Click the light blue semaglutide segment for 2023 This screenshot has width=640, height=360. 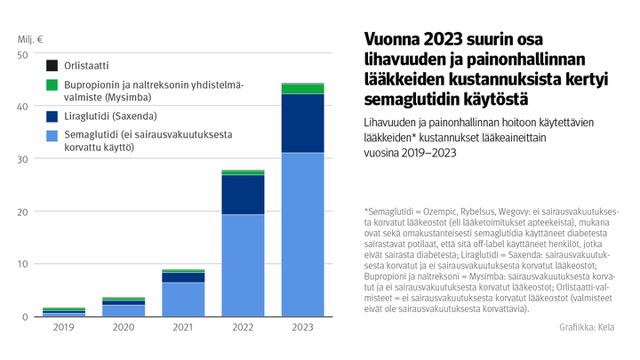click(302, 234)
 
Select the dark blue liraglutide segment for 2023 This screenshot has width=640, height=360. click(302, 123)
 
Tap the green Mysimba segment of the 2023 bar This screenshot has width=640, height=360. click(302, 89)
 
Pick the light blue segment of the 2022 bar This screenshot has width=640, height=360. click(244, 265)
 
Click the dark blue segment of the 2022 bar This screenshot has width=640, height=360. click(244, 195)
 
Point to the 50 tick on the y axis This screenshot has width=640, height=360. click(23, 55)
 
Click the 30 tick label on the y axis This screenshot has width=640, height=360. click(23, 159)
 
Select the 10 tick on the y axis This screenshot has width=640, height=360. click(23, 264)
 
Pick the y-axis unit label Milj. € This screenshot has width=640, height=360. click(30, 39)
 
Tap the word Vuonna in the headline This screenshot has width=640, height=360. click(392, 41)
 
